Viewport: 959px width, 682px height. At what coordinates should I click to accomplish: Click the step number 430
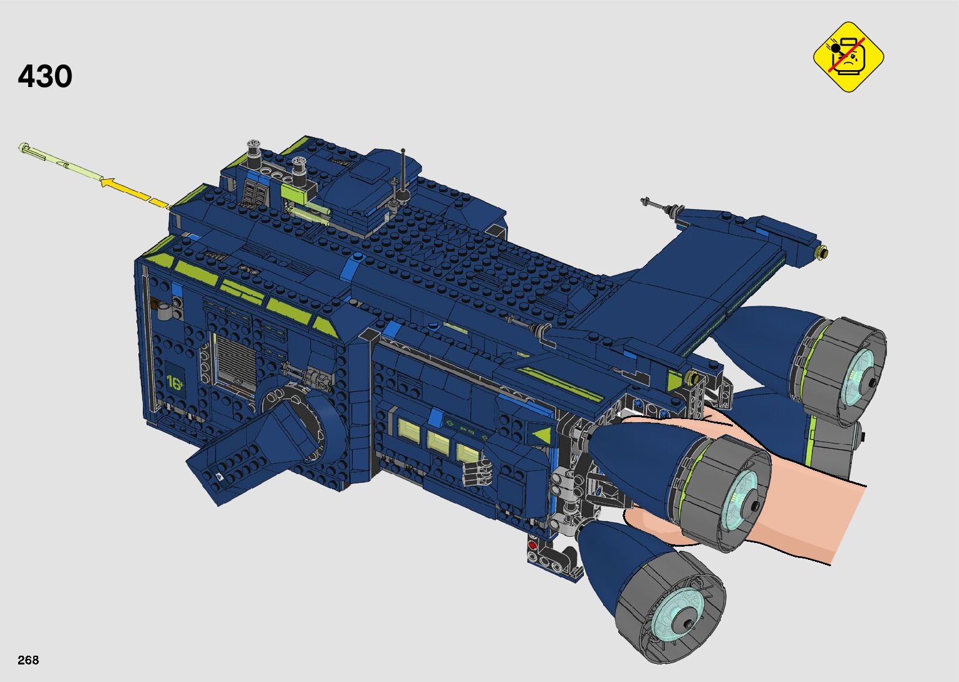pos(45,76)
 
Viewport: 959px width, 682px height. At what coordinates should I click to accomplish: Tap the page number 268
pos(28,659)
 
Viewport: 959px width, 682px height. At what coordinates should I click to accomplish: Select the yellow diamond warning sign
pos(849,57)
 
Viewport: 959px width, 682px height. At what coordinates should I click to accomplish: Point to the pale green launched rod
pos(60,163)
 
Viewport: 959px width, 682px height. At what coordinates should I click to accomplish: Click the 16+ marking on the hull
pos(175,382)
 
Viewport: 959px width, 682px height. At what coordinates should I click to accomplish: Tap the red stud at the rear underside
pos(532,545)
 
